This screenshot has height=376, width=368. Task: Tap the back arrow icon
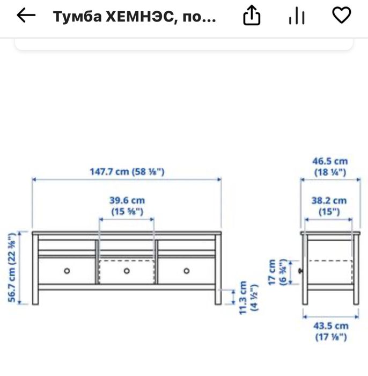[26, 16]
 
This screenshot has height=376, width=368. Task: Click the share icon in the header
[252, 17]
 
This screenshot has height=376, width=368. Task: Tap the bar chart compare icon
[296, 17]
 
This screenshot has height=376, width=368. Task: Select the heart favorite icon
[342, 15]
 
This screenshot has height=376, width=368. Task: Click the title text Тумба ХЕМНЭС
[134, 17]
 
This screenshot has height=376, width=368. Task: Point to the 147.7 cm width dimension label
[127, 171]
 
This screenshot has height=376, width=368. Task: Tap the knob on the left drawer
[67, 271]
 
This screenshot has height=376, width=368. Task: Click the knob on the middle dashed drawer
[127, 271]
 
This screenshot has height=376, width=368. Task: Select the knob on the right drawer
[187, 271]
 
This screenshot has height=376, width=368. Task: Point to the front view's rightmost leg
[218, 297]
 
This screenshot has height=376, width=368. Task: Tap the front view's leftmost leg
[35, 297]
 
